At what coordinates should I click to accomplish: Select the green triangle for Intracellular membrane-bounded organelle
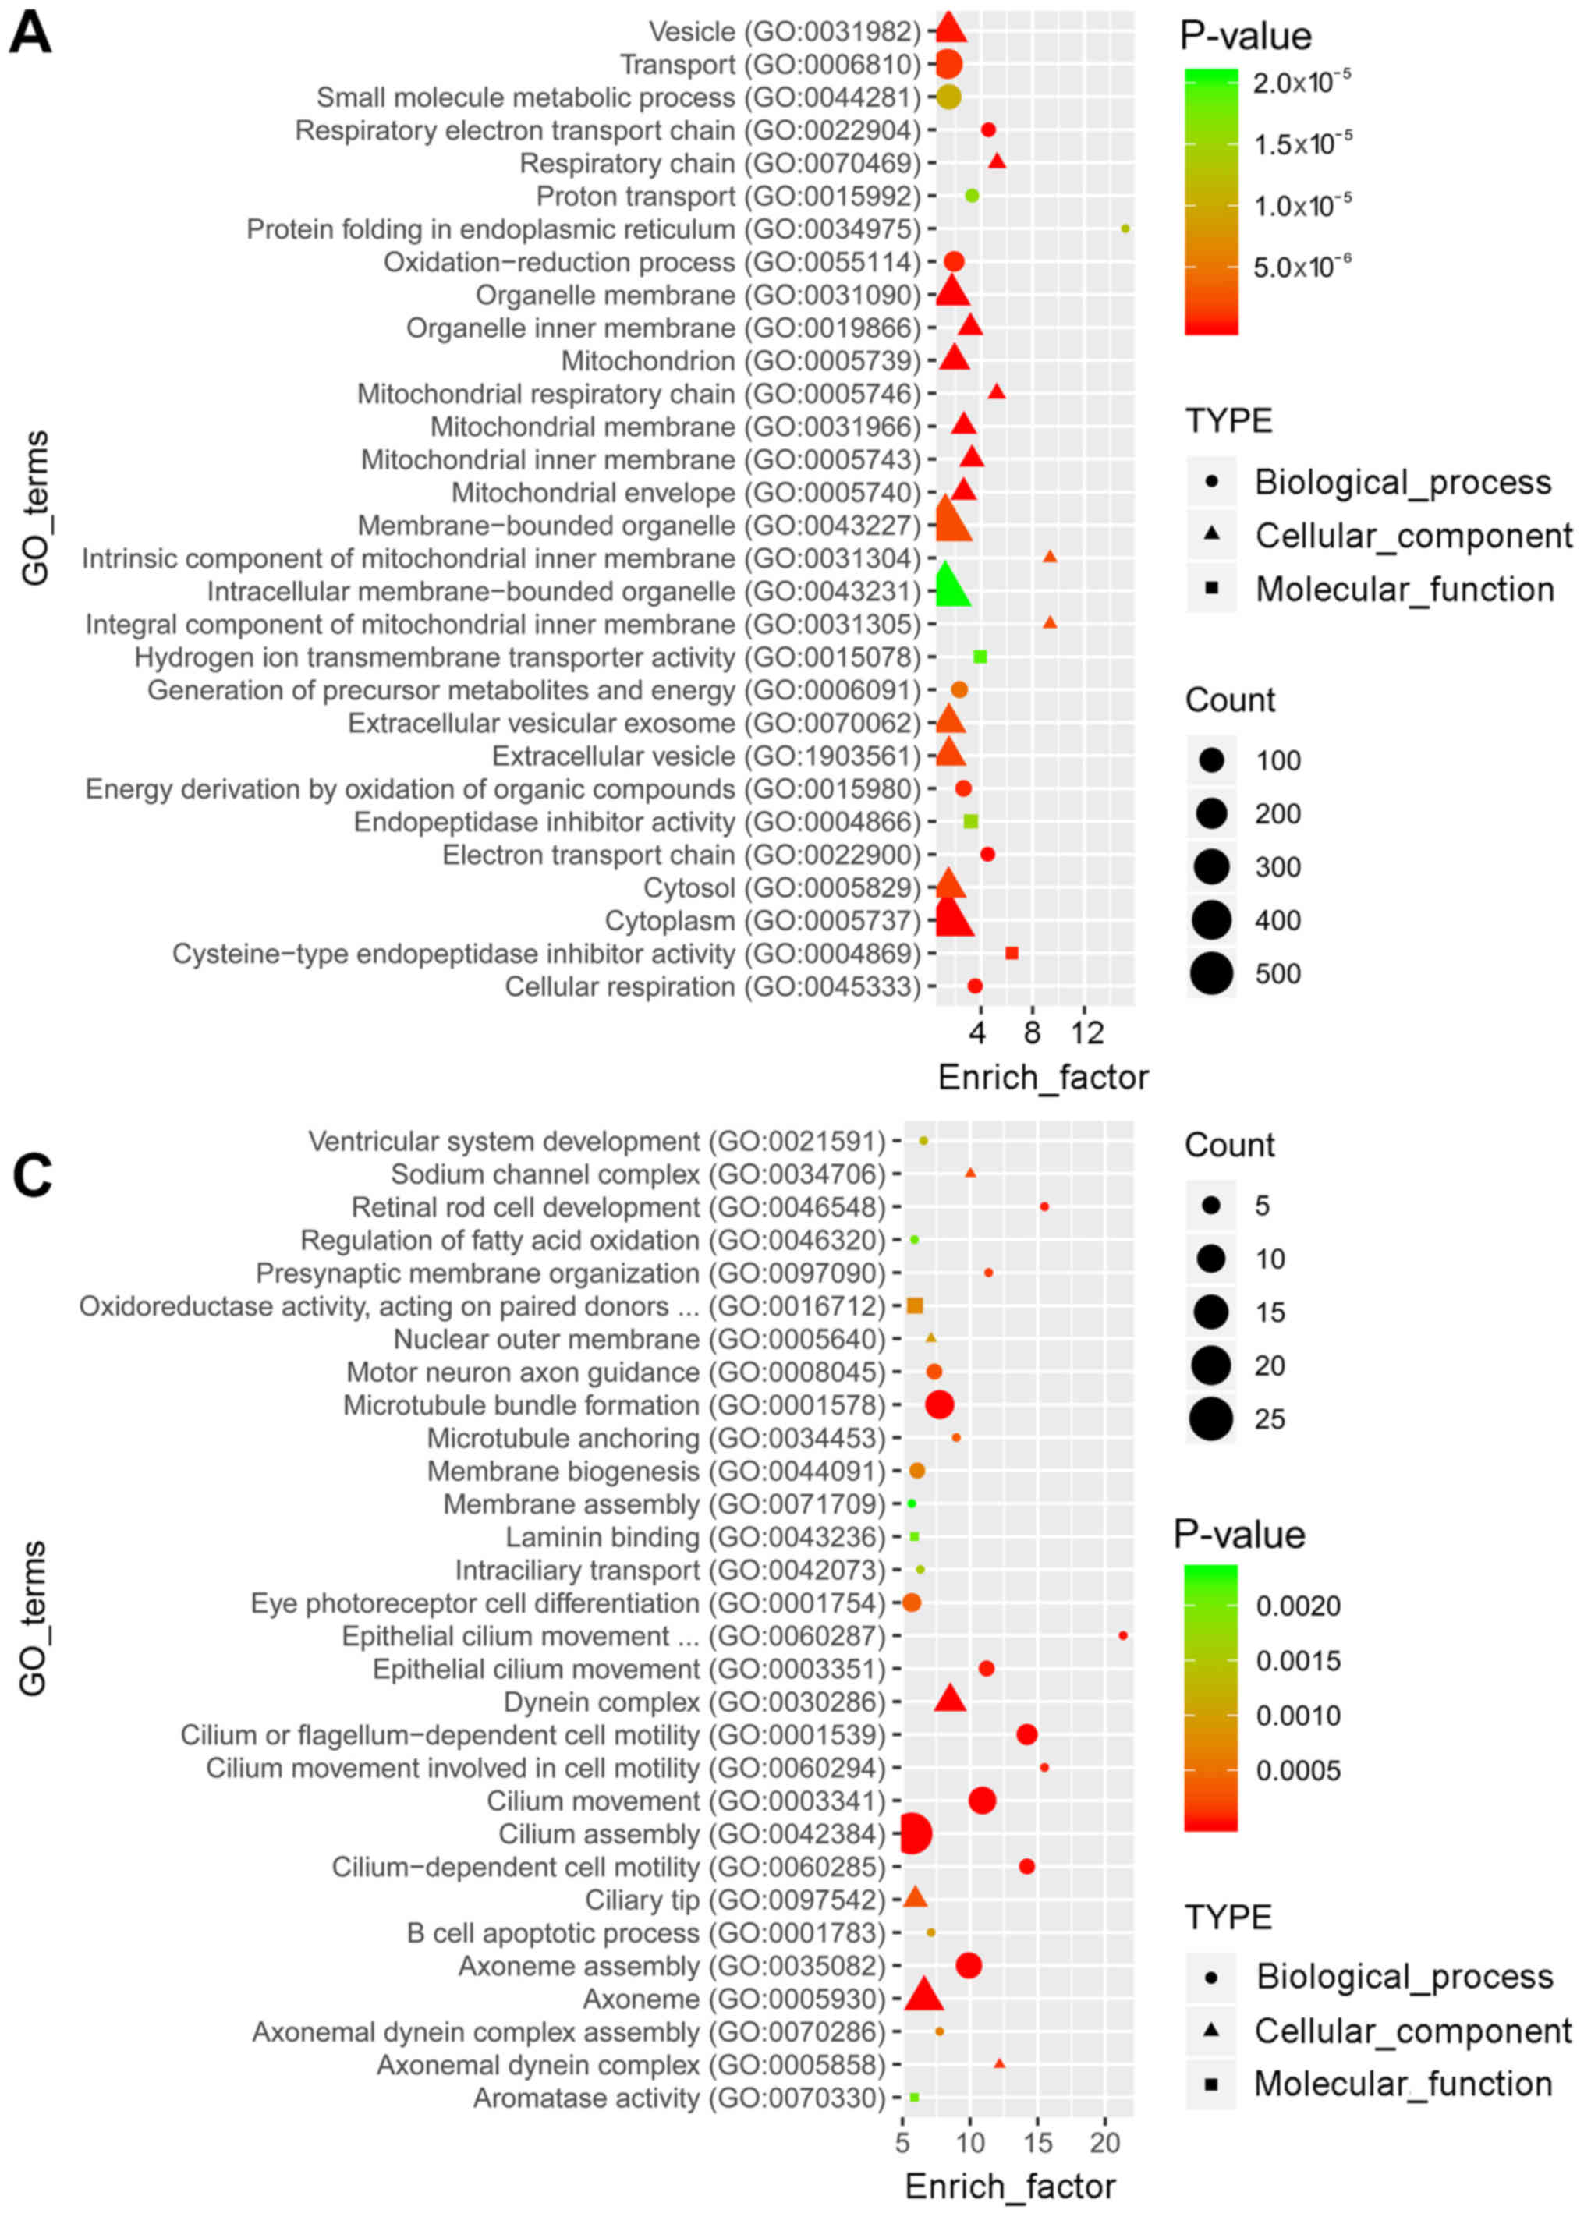[x=948, y=587]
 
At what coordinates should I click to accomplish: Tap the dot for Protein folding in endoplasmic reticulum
[x=1125, y=228]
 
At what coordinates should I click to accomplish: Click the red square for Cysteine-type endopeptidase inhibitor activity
[x=1012, y=953]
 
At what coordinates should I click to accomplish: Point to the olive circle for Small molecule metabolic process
[x=948, y=97]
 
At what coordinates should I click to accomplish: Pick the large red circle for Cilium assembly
[x=913, y=1833]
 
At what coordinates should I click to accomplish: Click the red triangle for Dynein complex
[x=950, y=1700]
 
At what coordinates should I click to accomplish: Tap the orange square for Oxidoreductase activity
[x=915, y=1305]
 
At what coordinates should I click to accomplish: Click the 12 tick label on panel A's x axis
[x=1087, y=1032]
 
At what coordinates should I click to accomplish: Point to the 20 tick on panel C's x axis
[x=1105, y=2142]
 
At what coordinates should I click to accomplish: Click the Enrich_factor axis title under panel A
[x=1043, y=1077]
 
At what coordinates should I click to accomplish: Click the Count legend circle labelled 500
[x=1211, y=973]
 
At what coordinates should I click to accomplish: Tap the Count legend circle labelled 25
[x=1211, y=1418]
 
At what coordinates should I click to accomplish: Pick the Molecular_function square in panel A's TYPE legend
[x=1211, y=588]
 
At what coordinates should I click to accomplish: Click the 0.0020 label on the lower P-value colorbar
[x=1297, y=1606]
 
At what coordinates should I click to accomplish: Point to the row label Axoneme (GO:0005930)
[x=733, y=1999]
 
